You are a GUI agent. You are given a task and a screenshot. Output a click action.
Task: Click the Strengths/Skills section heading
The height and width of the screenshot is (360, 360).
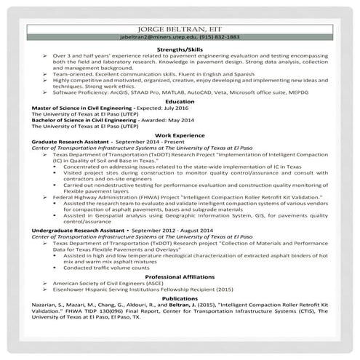tap(180, 48)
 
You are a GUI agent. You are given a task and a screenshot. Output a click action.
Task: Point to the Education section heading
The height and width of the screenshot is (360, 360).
tap(180, 102)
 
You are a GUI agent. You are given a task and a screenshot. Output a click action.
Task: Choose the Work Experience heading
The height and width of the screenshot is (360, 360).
tap(180, 135)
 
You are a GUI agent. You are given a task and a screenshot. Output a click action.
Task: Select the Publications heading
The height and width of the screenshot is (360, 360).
tap(180, 298)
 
